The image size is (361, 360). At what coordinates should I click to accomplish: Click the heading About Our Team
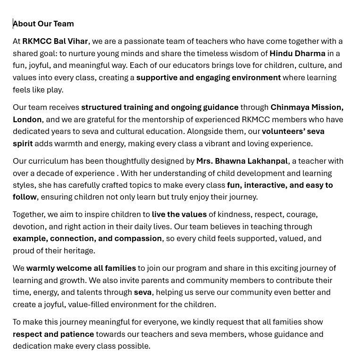[x=43, y=24]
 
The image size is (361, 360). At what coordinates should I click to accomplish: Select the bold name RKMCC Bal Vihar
[x=55, y=42]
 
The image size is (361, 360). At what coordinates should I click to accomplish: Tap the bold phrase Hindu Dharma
[x=297, y=53]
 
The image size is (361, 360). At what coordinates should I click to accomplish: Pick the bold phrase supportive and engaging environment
[x=208, y=77]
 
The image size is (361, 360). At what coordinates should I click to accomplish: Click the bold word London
[x=27, y=119]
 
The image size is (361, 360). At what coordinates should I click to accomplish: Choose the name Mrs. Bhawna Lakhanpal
[x=242, y=161]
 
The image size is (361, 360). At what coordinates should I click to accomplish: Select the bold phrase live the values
[x=179, y=214]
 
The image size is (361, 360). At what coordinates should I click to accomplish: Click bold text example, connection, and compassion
[x=87, y=238]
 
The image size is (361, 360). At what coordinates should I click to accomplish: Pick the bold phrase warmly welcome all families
[x=81, y=268]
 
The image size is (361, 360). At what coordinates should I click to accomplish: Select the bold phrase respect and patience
[x=53, y=334]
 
